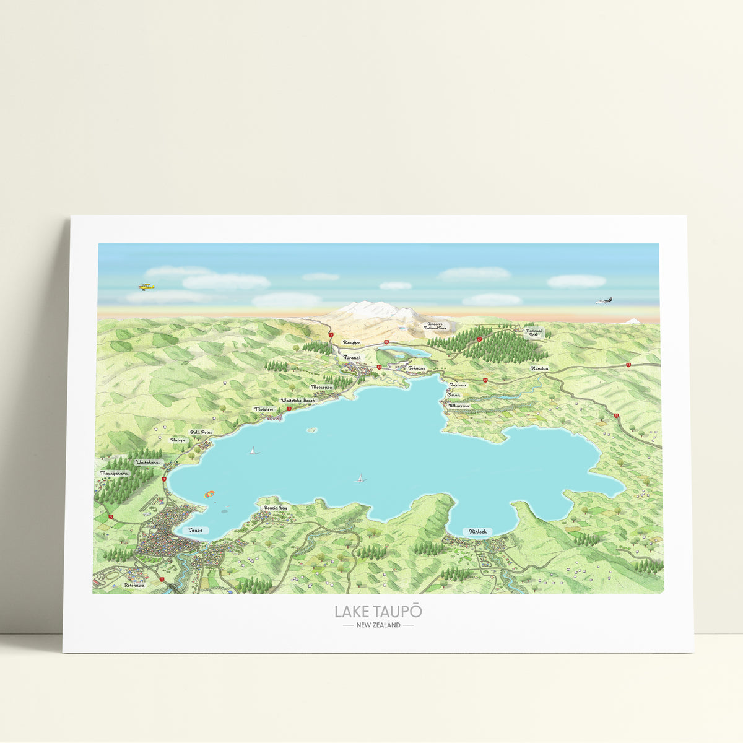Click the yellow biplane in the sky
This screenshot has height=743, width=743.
[x=146, y=286]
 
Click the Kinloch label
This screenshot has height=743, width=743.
[x=477, y=531]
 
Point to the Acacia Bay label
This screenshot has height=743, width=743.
[x=276, y=508]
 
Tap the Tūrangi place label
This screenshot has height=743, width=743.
[x=352, y=357]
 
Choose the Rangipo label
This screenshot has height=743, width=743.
[x=352, y=342]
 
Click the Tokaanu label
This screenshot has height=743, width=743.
[x=417, y=368]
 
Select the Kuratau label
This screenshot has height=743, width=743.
[x=539, y=368]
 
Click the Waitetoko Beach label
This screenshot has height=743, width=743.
[x=298, y=401]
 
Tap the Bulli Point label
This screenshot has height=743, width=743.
[x=201, y=432]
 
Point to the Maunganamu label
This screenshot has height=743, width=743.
[x=115, y=473]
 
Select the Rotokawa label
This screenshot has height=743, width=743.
[x=134, y=585]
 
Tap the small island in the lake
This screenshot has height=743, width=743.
[x=312, y=429]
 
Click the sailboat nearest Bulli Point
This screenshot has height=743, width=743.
[x=252, y=451]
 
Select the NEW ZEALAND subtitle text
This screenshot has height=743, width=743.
[x=378, y=625]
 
